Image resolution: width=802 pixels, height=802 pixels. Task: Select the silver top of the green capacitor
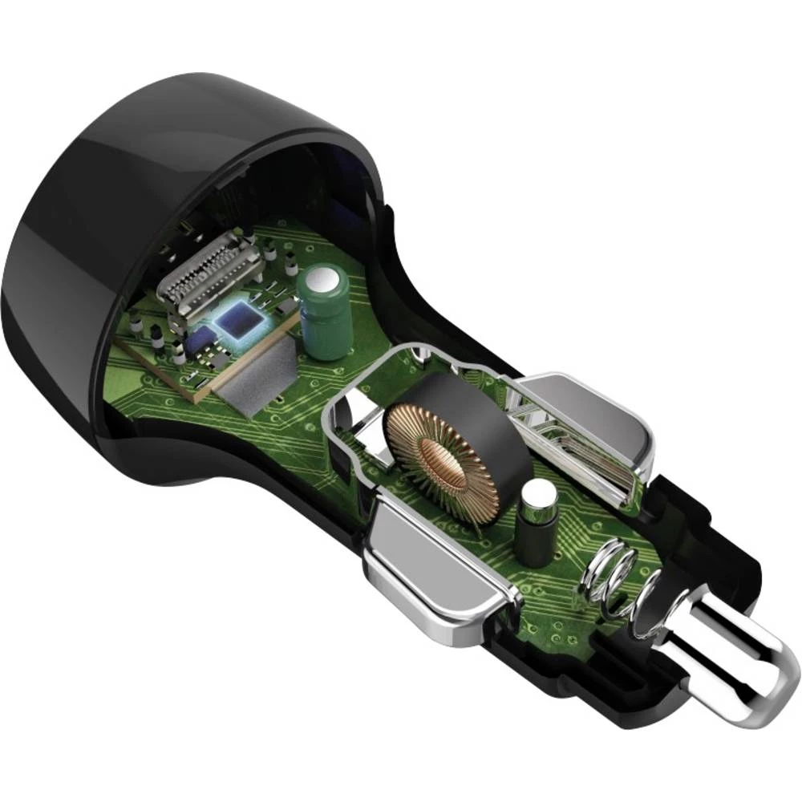322,282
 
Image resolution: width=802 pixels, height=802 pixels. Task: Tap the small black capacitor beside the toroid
535,529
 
